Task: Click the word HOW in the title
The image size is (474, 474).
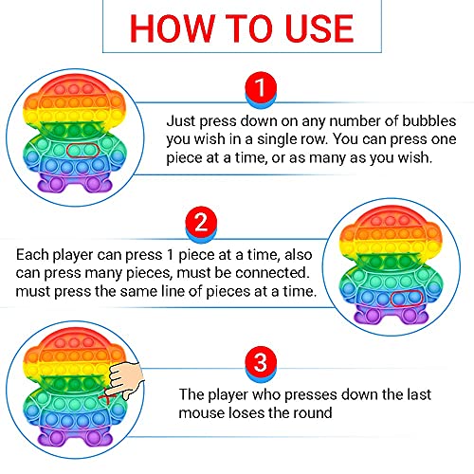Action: (x=171, y=28)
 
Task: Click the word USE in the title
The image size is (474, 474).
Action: (x=319, y=28)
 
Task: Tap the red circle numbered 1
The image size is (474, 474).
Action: (x=261, y=87)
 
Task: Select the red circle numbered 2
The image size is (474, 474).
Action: (x=201, y=222)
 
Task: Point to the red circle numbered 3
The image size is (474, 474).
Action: (x=261, y=362)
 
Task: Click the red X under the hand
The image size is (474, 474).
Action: (x=105, y=397)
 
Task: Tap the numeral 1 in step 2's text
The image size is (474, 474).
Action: (x=170, y=254)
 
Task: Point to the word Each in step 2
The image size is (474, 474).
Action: (x=32, y=254)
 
